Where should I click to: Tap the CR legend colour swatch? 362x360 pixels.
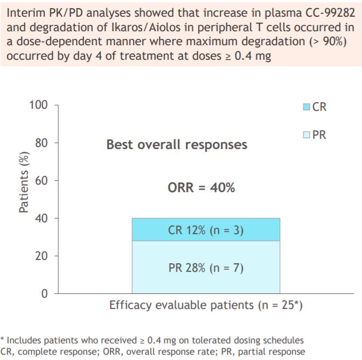pos(307,107)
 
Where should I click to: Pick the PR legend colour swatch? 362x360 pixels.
pos(307,135)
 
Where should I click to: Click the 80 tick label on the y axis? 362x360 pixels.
pos(42,143)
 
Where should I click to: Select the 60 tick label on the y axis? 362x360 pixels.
pos(42,180)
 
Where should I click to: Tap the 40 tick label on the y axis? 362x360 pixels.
pos(42,218)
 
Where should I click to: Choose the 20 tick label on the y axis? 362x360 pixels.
pos(42,256)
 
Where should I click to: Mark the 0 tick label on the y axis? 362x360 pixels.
pos(45,293)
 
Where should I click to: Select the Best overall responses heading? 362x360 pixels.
pos(177,145)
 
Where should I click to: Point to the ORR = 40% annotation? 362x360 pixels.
pos(201,188)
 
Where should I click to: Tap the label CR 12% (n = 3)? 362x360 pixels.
pos(206,230)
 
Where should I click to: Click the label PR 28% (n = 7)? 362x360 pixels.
pos(206,267)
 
